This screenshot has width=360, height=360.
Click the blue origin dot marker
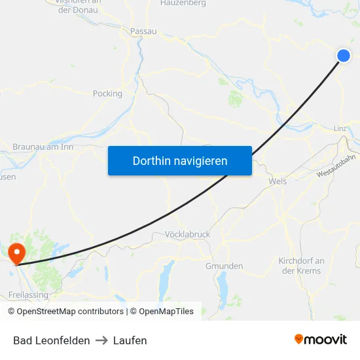click(344, 56)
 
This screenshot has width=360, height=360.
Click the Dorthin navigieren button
click(180, 160)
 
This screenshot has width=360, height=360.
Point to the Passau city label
click(143, 31)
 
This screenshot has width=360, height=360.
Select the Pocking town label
click(108, 94)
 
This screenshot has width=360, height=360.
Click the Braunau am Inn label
click(43, 147)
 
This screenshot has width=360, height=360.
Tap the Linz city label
click(340, 128)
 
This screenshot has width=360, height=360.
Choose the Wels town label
click(278, 181)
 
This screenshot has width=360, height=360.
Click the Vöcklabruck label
click(187, 234)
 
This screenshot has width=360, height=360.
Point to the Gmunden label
click(225, 266)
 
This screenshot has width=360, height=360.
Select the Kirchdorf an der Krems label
click(301, 266)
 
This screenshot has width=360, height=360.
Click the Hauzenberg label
click(183, 3)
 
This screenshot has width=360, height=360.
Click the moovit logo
click(321, 339)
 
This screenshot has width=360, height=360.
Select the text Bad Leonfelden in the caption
click(52, 340)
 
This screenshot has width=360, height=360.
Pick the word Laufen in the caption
click(130, 340)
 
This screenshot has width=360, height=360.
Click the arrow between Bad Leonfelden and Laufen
click(101, 340)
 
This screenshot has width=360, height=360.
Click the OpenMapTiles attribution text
click(165, 312)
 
